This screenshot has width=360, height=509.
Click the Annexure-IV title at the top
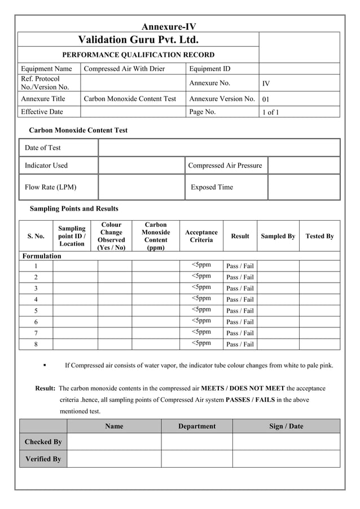click(x=168, y=27)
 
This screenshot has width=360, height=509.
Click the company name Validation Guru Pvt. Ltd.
click(x=138, y=40)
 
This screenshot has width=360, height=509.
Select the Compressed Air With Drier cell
click(x=124, y=69)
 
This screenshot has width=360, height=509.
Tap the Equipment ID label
click(x=209, y=69)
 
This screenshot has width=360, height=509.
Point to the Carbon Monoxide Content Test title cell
click(x=130, y=99)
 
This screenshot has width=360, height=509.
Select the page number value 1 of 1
click(x=271, y=112)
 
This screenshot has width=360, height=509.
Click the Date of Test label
click(x=43, y=148)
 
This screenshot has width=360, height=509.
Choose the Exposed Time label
click(x=212, y=187)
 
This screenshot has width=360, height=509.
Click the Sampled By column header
click(x=278, y=236)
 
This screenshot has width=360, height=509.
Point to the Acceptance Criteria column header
click(x=201, y=236)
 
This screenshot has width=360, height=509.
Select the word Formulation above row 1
click(x=41, y=256)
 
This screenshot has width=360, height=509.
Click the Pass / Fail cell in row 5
click(x=240, y=311)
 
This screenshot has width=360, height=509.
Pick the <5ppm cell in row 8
click(x=201, y=343)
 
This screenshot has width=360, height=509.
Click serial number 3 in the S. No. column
click(x=36, y=288)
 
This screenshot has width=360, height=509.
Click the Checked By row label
click(x=43, y=442)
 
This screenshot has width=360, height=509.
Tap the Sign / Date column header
click(x=286, y=426)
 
